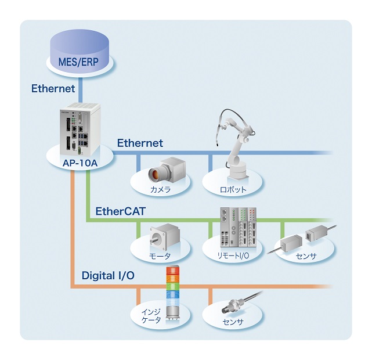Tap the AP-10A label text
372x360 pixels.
pos(80,164)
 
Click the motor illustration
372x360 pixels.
pos(162,235)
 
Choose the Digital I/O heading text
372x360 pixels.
pos(108,275)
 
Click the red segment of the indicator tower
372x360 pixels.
pos(173,270)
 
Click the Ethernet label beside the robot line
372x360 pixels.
pos(140,143)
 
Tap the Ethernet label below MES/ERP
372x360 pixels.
pos(54,89)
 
